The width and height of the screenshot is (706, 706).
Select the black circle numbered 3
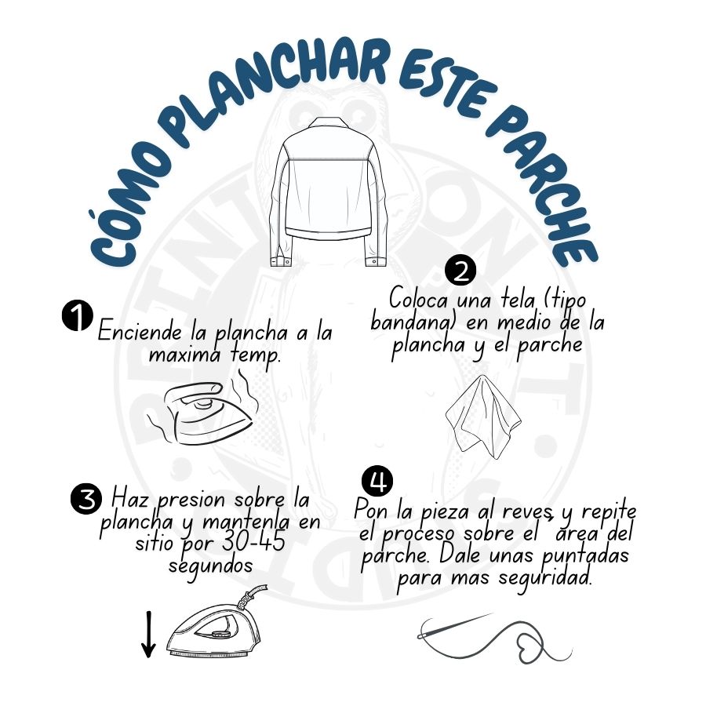(x=86, y=498)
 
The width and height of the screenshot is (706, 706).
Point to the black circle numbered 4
(x=378, y=480)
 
